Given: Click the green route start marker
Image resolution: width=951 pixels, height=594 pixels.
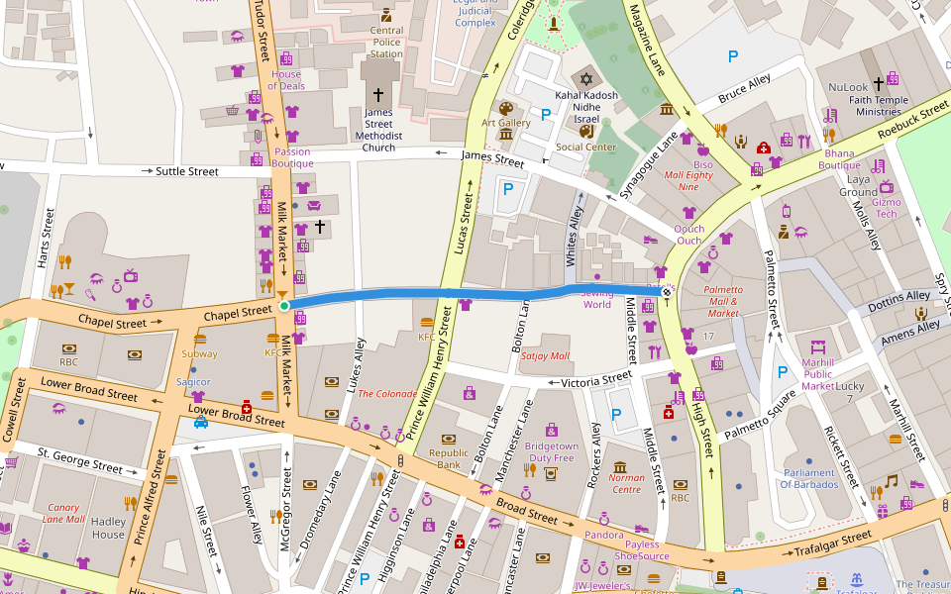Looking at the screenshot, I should tap(284, 306).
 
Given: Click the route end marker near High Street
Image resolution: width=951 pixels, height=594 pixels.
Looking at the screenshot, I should tap(667, 291).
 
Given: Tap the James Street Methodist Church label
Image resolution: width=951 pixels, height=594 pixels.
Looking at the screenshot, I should tap(378, 131).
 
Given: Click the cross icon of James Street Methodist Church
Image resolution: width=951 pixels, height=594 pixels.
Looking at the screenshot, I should tap(377, 95).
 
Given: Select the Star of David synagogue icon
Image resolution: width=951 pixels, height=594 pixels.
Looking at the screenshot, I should tap(585, 78).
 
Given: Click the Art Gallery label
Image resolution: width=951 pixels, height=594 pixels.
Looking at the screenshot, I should tap(506, 123).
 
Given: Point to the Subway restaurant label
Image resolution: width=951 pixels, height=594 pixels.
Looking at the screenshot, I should tap(199, 353).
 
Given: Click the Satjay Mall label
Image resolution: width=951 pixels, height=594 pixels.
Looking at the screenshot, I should tap(545, 355).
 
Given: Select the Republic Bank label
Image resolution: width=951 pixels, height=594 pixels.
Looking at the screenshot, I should tap(449, 458).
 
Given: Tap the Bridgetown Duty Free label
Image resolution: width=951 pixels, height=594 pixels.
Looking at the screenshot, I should tap(551, 452).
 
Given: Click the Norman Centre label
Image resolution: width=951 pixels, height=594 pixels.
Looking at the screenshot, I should tap(626, 484).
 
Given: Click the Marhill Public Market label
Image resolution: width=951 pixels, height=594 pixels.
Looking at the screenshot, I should tap(817, 373).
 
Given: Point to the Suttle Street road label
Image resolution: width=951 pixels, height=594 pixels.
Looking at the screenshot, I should tap(187, 171).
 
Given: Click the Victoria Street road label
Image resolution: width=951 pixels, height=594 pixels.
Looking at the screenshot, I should tap(596, 379).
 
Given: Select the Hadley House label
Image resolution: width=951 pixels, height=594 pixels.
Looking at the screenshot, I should tap(108, 528).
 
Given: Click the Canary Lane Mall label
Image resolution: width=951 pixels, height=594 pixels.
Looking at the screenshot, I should tap(63, 514).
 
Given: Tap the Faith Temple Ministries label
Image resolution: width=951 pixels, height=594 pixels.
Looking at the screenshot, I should tap(880, 106).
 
